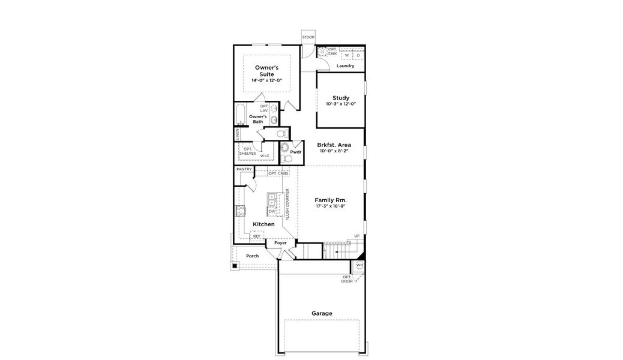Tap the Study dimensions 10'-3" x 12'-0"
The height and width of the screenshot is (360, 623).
[340, 104]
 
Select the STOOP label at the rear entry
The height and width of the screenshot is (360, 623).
[308, 37]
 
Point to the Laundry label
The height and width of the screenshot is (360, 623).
[345, 66]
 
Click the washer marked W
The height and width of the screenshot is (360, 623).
[346, 55]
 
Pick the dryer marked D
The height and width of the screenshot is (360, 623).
[358, 55]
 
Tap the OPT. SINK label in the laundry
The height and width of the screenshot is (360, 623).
[332, 52]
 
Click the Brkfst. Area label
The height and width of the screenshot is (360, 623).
[334, 145]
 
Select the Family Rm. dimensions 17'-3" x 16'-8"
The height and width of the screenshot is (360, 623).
[331, 206]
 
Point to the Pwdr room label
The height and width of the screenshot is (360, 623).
[295, 152]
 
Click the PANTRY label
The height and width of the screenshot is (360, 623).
[244, 169]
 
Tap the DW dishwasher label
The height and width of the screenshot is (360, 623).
[272, 211]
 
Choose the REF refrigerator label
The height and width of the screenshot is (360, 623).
[256, 236]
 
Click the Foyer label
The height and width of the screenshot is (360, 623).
[280, 243]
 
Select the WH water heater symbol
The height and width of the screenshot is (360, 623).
[360, 265]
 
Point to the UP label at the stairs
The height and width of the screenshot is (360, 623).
[357, 236]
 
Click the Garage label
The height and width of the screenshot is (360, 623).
[322, 313]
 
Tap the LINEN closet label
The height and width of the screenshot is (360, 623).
[238, 134]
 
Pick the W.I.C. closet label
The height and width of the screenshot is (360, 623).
[265, 155]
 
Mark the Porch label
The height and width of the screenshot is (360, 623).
[252, 256]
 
